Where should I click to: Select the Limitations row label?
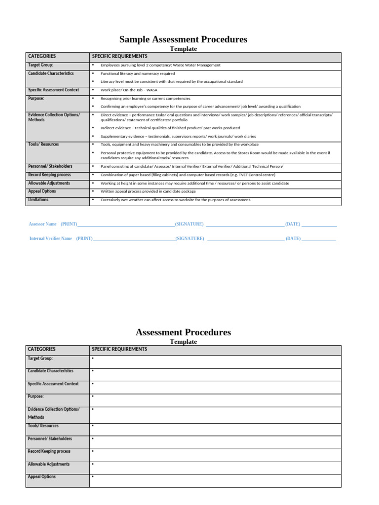[38, 200]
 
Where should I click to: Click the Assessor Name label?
[43, 224]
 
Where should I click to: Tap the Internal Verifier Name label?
[51, 239]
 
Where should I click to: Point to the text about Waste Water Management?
[160, 65]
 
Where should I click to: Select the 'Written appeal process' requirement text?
[148, 191]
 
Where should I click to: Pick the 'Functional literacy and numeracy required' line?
[138, 73]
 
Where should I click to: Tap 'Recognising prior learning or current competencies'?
[145, 99]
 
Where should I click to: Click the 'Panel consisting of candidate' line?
[192, 167]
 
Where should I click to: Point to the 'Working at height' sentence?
[195, 183]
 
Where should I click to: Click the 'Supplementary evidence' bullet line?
[178, 136]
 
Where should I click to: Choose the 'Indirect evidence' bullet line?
[170, 128]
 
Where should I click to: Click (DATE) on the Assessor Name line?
[293, 224]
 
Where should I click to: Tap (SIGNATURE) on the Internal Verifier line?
[190, 239]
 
